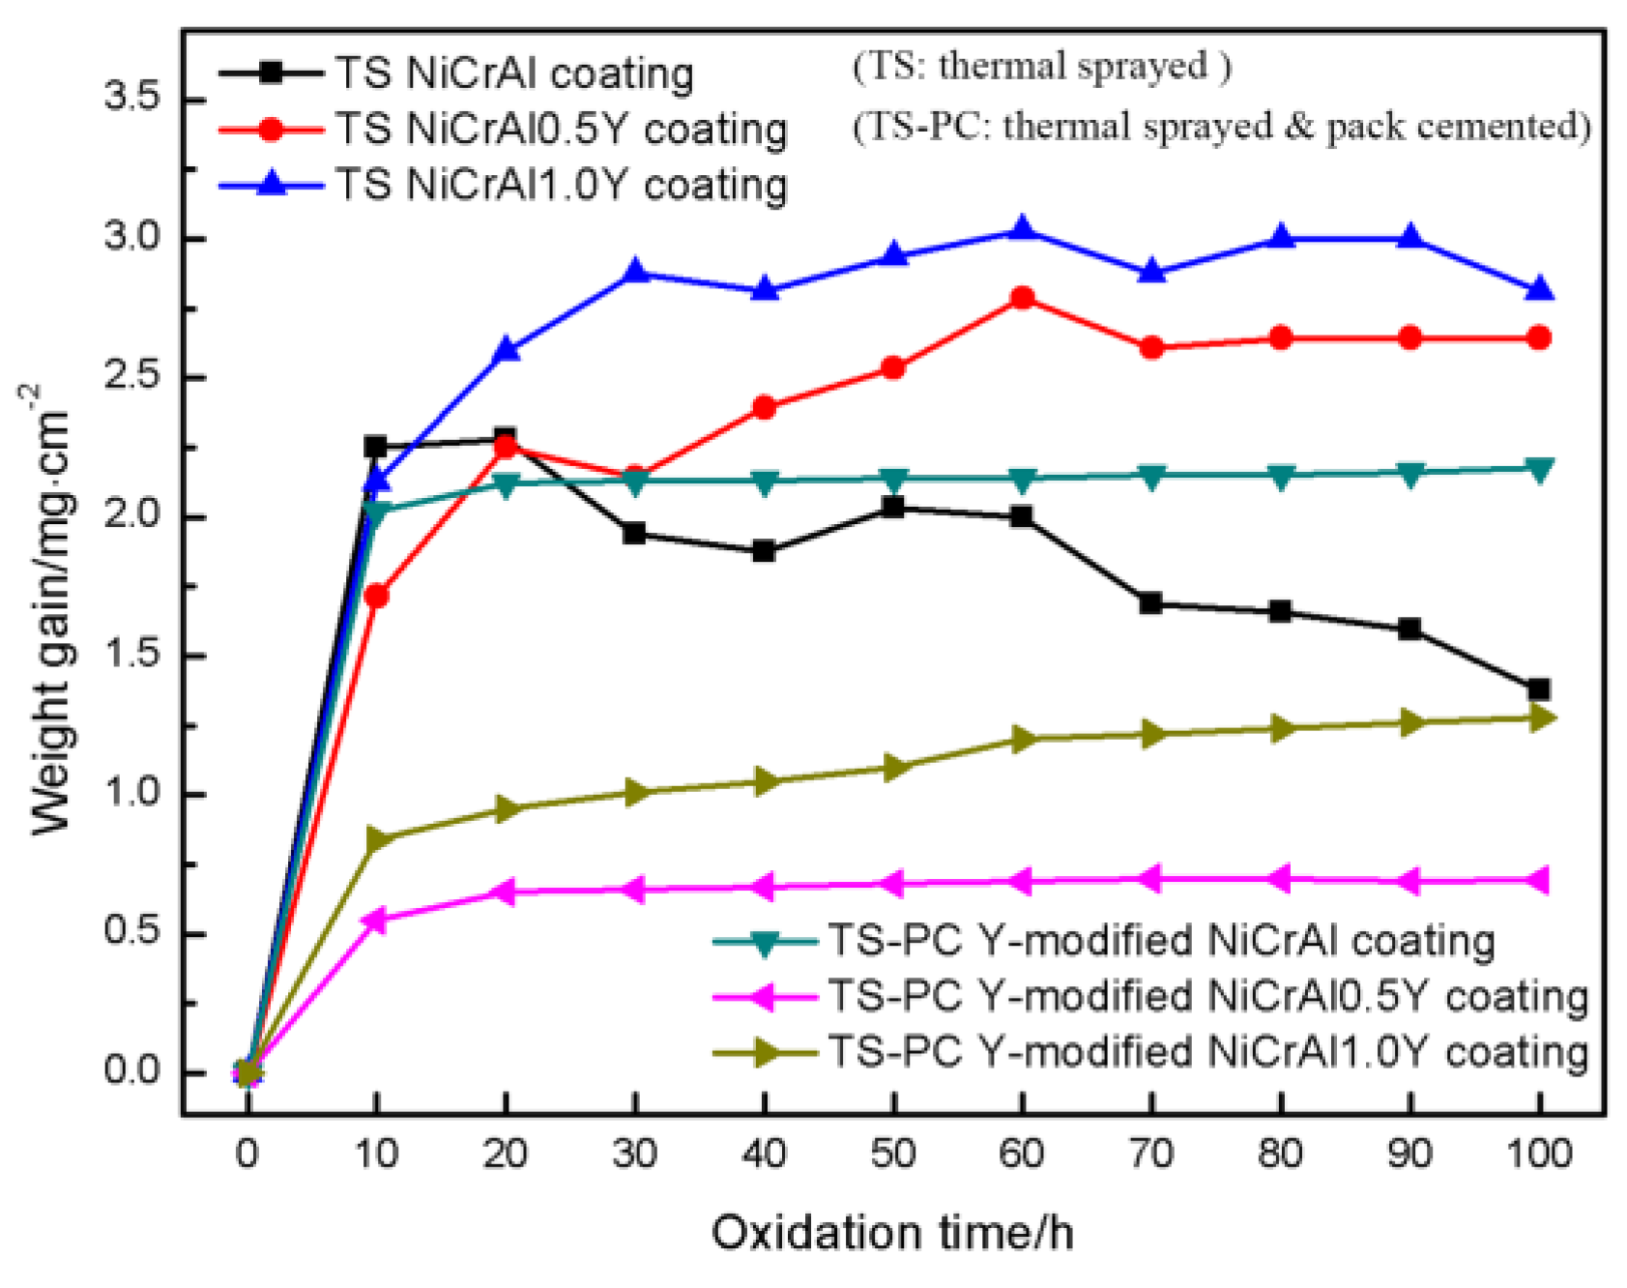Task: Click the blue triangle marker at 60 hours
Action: click(1022, 231)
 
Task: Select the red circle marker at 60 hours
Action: click(1022, 298)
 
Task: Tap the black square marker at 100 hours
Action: click(1538, 689)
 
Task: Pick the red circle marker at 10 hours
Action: click(377, 597)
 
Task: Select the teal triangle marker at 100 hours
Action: click(1538, 469)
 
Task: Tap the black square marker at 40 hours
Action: click(764, 551)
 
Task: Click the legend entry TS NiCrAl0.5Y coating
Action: click(561, 130)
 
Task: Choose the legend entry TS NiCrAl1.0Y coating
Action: click(561, 185)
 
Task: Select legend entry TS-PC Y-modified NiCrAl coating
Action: click(1160, 941)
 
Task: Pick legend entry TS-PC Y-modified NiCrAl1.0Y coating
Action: click(1208, 1051)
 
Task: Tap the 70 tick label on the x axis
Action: click(1150, 1155)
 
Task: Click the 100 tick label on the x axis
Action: click(1538, 1155)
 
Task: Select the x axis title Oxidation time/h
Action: click(891, 1234)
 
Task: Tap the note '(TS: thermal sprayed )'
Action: click(1041, 67)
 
